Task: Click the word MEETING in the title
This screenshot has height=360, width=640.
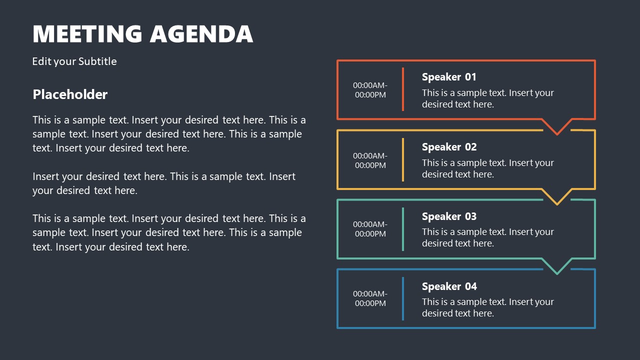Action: pyautogui.click(x=87, y=34)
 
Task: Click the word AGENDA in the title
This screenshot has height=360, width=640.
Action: pyautogui.click(x=201, y=34)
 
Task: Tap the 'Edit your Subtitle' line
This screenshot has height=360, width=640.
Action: pyautogui.click(x=74, y=61)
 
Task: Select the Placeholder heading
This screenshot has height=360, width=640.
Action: pyautogui.click(x=70, y=94)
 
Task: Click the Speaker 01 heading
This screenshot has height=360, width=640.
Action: pyautogui.click(x=449, y=77)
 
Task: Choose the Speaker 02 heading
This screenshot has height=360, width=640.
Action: pyautogui.click(x=449, y=147)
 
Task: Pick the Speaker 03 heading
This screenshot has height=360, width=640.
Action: pyautogui.click(x=449, y=216)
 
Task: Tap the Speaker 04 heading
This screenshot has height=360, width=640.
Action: pyautogui.click(x=449, y=286)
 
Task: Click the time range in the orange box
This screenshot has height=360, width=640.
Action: pyautogui.click(x=370, y=90)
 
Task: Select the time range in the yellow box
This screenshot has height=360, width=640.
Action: pyautogui.click(x=370, y=160)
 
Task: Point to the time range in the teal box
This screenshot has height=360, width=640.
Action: pyautogui.click(x=370, y=229)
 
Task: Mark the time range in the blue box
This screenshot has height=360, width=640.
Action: pyautogui.click(x=370, y=298)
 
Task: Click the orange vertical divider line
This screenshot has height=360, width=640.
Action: pyautogui.click(x=403, y=89)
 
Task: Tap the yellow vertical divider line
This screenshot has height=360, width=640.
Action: pyautogui.click(x=403, y=159)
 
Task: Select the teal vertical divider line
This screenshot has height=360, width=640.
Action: pyautogui.click(x=403, y=229)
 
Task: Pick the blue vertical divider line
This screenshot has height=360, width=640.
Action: pyautogui.click(x=403, y=298)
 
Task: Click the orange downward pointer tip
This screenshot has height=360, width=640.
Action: pyautogui.click(x=557, y=134)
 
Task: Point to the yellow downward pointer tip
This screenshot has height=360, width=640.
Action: pyautogui.click(x=557, y=204)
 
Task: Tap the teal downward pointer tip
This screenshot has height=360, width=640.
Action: pyautogui.click(x=557, y=273)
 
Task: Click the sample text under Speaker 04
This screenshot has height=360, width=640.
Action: pyautogui.click(x=487, y=307)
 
